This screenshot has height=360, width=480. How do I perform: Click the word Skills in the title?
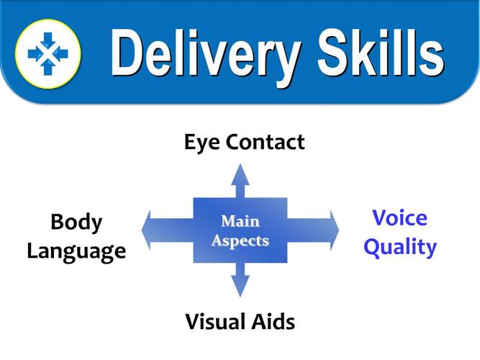(381, 52)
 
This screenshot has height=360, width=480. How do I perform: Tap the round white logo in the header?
(48, 54)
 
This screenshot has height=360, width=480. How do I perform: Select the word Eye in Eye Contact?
(202, 143)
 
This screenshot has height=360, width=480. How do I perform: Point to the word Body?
(76, 222)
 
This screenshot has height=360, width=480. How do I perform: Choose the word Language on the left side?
(76, 252)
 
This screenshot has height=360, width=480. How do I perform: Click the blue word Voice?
(400, 218)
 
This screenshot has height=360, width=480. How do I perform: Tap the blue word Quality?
(400, 247)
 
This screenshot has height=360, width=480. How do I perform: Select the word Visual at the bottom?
(212, 322)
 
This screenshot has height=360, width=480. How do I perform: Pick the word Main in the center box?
(240, 221)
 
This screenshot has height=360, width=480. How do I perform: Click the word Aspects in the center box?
(240, 240)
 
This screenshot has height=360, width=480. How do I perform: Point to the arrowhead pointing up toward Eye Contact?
(240, 174)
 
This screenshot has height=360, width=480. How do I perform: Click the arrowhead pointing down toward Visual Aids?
(240, 287)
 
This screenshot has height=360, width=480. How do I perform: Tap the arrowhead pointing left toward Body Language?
(146, 230)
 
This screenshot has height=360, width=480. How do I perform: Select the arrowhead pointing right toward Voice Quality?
(335, 230)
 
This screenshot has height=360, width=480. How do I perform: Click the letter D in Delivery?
(127, 52)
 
